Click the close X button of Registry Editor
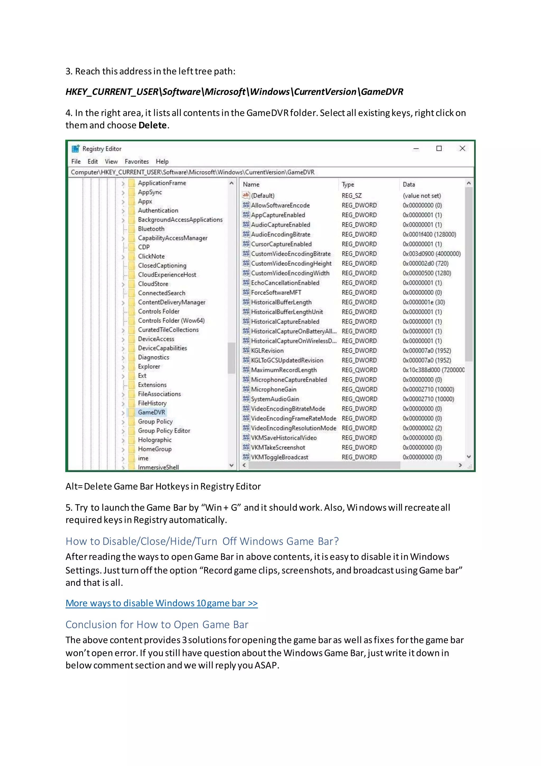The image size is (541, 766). [x=462, y=148]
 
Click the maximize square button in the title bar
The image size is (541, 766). [x=439, y=148]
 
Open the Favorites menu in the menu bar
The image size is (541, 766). [x=137, y=161]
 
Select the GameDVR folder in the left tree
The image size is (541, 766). [x=151, y=412]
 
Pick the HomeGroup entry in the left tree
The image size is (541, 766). [x=155, y=449]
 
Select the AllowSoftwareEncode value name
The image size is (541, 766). [x=280, y=206]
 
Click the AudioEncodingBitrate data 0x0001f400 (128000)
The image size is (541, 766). [x=429, y=235]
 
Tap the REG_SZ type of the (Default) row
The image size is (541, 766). [x=351, y=196]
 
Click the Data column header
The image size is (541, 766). [x=409, y=185]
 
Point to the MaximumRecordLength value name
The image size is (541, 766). [x=283, y=370]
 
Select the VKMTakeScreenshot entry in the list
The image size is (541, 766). [x=278, y=447]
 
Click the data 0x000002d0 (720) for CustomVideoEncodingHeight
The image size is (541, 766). [x=425, y=263]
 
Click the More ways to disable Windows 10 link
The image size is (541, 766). [x=162, y=603]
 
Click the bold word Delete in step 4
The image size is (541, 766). [x=152, y=125]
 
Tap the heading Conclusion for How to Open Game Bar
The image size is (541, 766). [x=157, y=624]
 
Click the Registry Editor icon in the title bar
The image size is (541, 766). [x=76, y=148]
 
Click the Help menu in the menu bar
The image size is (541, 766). [x=162, y=161]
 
